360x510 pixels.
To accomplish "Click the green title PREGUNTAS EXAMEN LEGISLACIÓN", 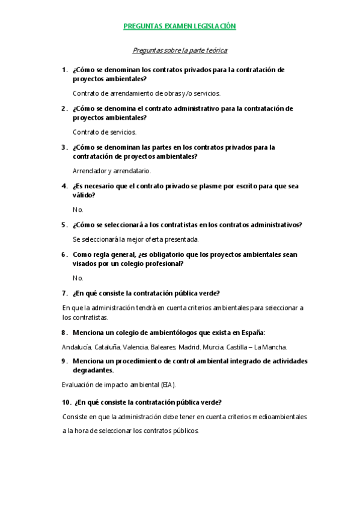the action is (179, 26).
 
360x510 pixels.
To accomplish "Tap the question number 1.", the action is (64, 70).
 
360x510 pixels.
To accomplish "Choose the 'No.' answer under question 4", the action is (78, 210).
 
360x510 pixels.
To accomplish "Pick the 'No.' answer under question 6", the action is (78, 278).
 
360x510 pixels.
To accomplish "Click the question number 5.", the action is (64, 225).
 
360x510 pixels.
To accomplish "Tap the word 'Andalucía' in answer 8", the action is (76, 347).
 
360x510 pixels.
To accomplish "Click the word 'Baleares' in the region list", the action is (163, 347).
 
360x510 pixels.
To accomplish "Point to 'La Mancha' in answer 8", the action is (270, 347).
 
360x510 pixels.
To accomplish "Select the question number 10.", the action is (66, 402).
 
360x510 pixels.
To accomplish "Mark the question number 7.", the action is (64, 293).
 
